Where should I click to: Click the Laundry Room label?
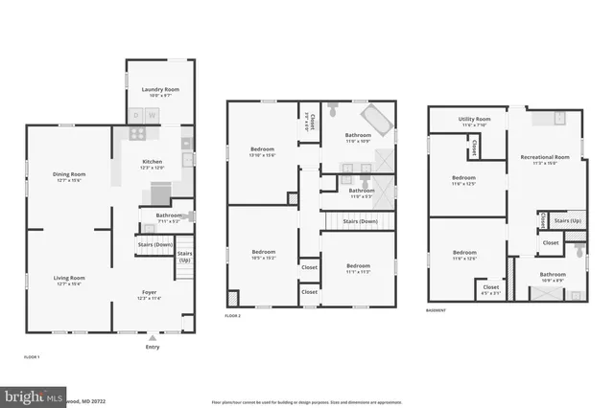tap(160, 89)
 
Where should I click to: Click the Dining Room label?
tap(69, 174)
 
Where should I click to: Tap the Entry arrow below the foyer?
tap(153, 337)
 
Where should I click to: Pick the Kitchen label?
tap(153, 163)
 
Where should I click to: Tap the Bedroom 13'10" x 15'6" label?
tap(263, 149)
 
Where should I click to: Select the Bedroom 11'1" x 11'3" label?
tap(358, 265)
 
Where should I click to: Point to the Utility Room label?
tap(475, 119)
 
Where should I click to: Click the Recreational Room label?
tap(545, 156)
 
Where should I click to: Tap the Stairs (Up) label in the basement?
tap(568, 221)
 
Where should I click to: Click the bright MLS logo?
tap(34, 395)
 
